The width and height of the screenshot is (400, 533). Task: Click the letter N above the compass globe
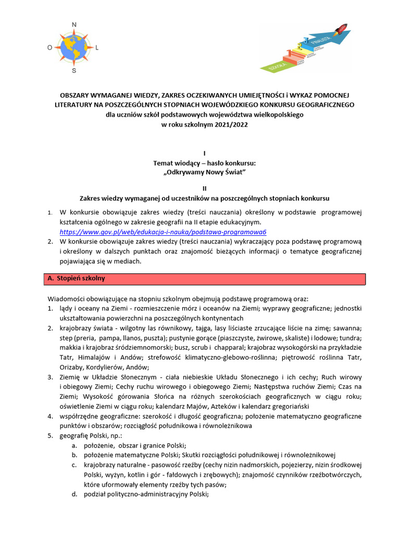74,24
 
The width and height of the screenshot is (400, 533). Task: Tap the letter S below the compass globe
74,70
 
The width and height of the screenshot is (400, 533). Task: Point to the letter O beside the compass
49,47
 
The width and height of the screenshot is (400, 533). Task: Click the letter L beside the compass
97,47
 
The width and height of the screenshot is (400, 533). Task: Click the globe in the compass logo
73,47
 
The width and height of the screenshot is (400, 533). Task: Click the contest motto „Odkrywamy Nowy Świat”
204,172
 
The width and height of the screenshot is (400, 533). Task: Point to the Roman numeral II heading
204,188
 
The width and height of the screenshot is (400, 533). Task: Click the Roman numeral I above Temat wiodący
204,153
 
